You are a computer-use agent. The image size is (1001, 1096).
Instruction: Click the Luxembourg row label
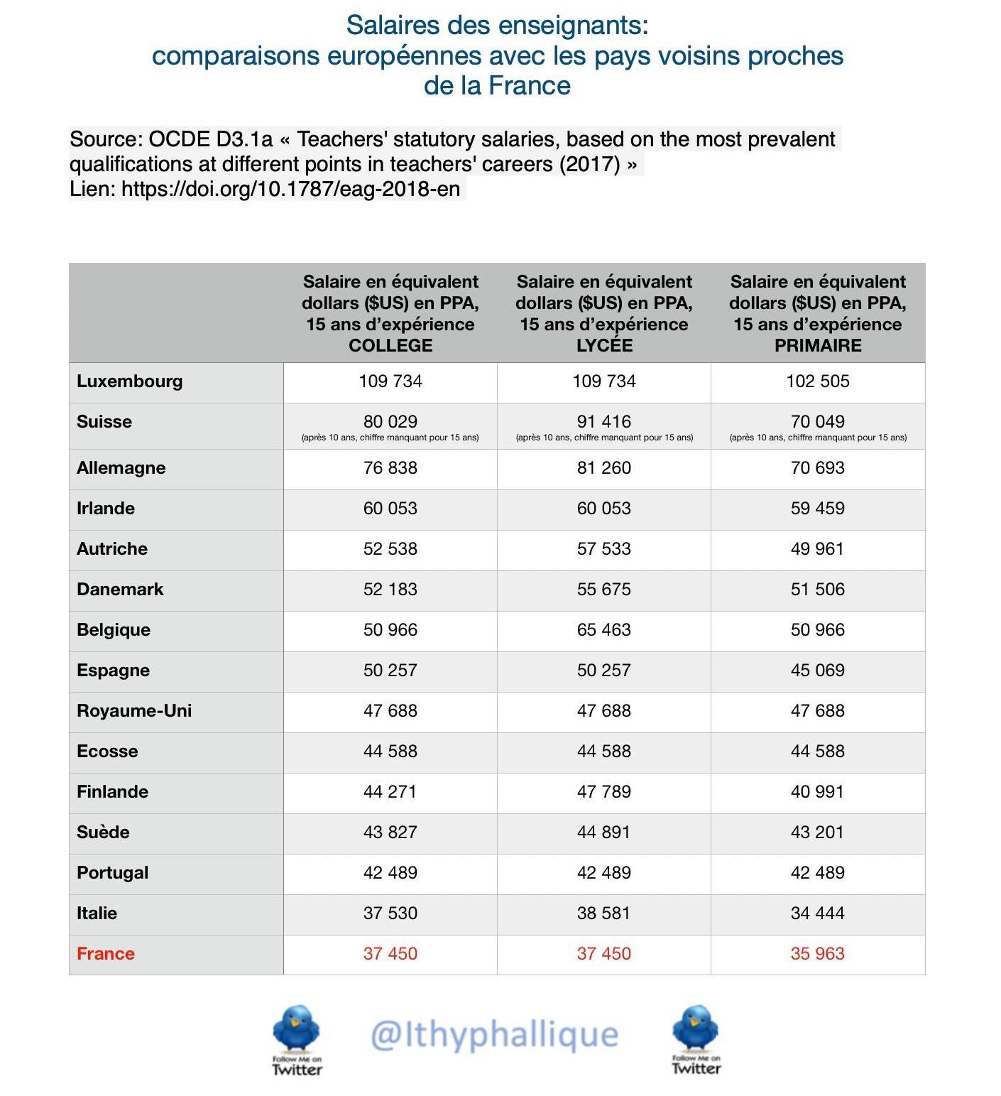click(x=129, y=381)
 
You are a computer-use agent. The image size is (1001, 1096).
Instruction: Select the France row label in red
click(x=105, y=953)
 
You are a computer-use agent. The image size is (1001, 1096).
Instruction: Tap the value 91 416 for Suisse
click(x=603, y=421)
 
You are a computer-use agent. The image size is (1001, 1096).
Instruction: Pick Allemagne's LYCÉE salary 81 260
click(x=603, y=468)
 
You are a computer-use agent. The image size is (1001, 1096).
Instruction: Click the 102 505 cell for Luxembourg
click(x=817, y=381)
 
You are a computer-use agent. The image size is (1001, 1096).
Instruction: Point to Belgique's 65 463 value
click(x=603, y=630)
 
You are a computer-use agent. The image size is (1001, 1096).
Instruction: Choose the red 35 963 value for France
click(x=817, y=953)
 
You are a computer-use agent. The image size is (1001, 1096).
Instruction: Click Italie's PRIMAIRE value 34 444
click(x=817, y=913)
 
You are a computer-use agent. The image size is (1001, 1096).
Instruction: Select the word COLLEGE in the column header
click(x=390, y=346)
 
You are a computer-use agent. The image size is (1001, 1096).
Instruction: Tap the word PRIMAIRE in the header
click(x=817, y=346)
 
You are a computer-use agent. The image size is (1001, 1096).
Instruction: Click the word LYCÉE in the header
click(x=603, y=346)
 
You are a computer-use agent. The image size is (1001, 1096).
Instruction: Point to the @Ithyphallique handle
click(x=494, y=1034)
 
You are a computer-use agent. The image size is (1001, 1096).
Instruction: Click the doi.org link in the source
click(x=290, y=189)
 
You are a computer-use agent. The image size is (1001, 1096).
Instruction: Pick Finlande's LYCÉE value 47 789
click(x=603, y=791)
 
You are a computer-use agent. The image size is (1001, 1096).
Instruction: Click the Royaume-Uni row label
click(x=134, y=711)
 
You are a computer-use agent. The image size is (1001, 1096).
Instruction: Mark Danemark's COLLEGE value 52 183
click(x=390, y=590)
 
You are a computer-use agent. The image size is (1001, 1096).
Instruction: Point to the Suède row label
click(x=103, y=832)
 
